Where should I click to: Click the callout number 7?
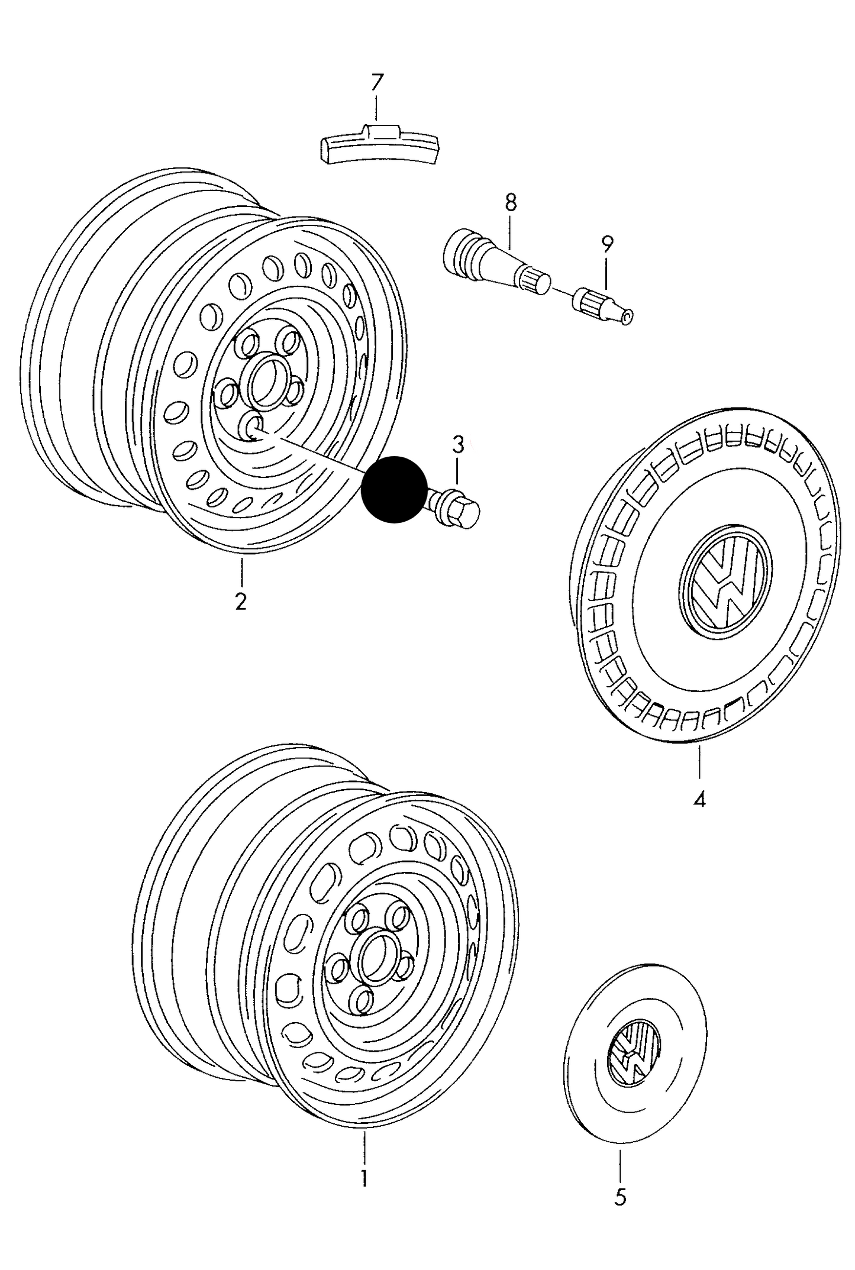[377, 82]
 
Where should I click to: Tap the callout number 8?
[511, 203]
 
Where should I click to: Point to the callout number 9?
[607, 243]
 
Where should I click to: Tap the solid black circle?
[394, 490]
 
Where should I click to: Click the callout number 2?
[240, 602]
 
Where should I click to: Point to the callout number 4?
[699, 800]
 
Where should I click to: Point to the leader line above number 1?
[364, 1152]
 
